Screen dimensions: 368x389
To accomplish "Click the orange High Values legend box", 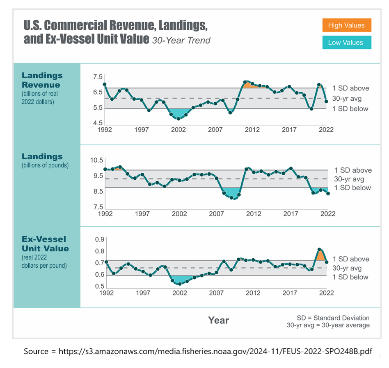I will click(x=346, y=25).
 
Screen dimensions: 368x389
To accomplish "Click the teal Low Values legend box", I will click(x=346, y=43).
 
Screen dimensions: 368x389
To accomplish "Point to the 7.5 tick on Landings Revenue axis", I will click(x=98, y=77).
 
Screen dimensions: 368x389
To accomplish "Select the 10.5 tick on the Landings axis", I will click(x=98, y=160).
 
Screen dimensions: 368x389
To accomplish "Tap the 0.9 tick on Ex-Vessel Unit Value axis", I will click(x=100, y=239).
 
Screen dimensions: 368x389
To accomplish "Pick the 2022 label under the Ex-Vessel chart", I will click(x=327, y=293).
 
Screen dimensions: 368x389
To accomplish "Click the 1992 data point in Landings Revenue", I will click(x=105, y=85).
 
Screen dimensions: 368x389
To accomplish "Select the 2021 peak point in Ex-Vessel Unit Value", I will click(x=319, y=249).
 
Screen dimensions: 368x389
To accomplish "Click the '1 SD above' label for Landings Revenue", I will click(x=350, y=88).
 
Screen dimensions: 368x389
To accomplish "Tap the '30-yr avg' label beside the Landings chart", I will click(x=349, y=179).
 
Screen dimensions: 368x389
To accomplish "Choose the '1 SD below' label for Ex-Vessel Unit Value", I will click(x=350, y=277).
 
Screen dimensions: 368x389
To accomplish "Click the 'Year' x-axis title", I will click(x=218, y=320).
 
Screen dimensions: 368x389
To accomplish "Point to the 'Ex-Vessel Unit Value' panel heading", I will click(x=45, y=244).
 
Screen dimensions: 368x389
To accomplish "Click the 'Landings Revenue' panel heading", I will click(x=42, y=80).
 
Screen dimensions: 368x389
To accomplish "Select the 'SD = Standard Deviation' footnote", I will click(x=333, y=318).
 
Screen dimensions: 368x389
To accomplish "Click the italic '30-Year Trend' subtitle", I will click(x=181, y=40).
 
